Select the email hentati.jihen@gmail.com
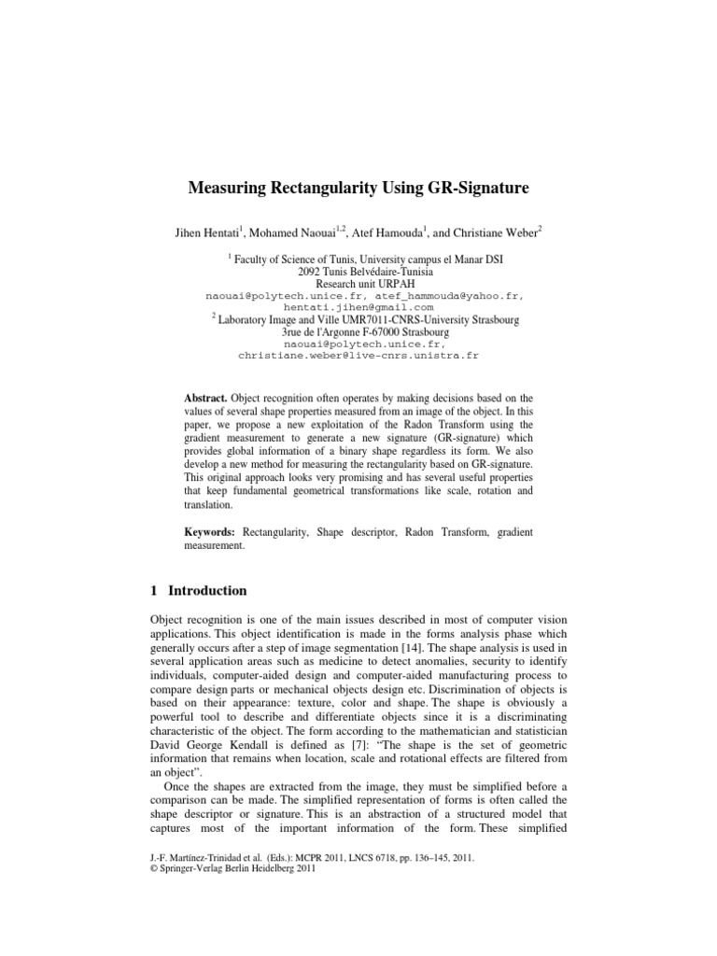358,307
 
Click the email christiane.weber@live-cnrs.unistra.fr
358,356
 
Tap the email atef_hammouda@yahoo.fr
450,295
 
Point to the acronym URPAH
380,283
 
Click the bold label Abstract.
205,396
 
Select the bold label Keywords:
211,531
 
